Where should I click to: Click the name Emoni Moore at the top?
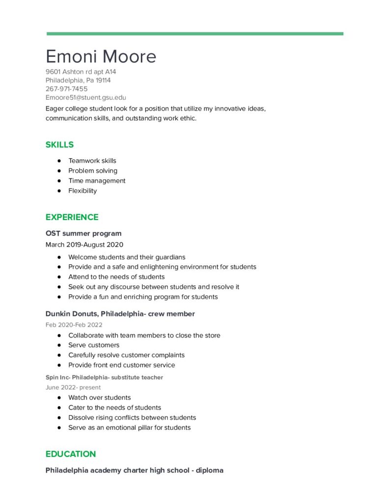click(101, 56)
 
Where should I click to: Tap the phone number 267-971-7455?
click(67, 89)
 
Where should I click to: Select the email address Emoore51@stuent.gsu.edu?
click(86, 98)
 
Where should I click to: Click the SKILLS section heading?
click(59, 144)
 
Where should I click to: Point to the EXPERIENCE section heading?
click(72, 217)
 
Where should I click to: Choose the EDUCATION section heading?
click(71, 454)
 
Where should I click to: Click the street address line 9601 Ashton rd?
click(81, 72)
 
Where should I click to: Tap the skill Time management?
click(97, 181)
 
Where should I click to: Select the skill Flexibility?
click(82, 191)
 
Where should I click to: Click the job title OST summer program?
click(83, 233)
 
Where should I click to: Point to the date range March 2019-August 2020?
click(84, 245)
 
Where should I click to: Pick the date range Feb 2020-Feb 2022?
click(75, 325)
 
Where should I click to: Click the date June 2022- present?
click(73, 387)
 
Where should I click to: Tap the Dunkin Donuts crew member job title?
click(120, 313)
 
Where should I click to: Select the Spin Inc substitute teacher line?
click(104, 377)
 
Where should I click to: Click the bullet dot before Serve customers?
click(59, 345)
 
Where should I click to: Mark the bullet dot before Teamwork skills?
click(59, 161)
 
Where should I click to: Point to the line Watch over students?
click(99, 397)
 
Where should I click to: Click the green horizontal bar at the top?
click(195, 34)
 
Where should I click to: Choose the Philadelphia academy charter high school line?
click(134, 470)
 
